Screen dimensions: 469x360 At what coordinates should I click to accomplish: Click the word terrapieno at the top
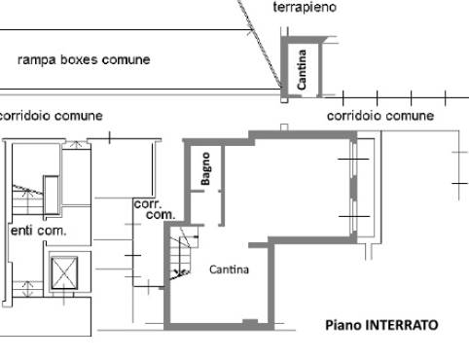(x=305, y=7)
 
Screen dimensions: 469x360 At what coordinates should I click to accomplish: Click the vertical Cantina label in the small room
(x=302, y=69)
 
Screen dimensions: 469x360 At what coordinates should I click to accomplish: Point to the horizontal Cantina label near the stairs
(x=229, y=270)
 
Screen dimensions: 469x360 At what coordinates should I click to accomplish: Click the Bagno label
(x=205, y=168)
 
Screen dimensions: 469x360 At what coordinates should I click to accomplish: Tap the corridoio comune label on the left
(x=51, y=116)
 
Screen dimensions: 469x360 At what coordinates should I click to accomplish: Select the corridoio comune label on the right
(x=380, y=116)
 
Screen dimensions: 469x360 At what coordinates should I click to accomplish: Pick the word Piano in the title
(x=343, y=325)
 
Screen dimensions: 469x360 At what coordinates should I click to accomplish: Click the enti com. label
(x=38, y=231)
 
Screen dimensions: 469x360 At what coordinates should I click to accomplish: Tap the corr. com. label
(x=155, y=209)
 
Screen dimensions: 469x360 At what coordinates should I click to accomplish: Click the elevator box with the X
(x=64, y=272)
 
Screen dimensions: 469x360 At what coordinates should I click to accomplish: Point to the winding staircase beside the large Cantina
(x=182, y=253)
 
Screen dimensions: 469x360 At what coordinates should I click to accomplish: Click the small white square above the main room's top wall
(x=284, y=127)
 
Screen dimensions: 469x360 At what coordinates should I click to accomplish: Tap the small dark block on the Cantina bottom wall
(x=250, y=321)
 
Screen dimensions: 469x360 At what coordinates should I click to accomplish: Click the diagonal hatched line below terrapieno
(x=260, y=44)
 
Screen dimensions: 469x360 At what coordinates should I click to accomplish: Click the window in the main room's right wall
(x=353, y=188)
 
